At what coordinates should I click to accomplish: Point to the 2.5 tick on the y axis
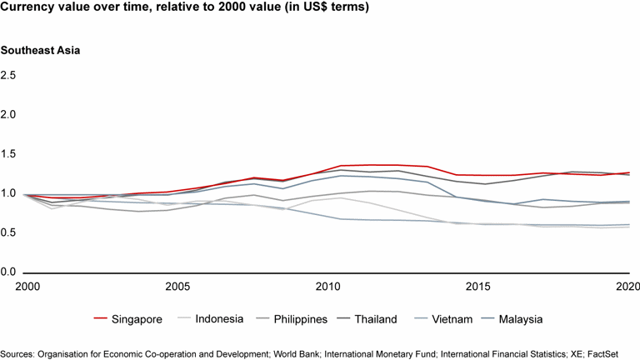[8, 75]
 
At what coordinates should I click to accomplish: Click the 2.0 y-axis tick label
[8, 114]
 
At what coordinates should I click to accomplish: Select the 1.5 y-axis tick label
[8, 154]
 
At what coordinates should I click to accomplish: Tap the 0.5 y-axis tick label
[8, 232]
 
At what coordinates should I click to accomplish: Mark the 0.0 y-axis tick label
[8, 272]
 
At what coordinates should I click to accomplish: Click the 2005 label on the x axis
[177, 287]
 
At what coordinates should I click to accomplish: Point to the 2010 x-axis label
[327, 287]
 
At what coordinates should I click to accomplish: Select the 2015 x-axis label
[477, 287]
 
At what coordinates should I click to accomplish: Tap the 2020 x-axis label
[627, 287]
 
